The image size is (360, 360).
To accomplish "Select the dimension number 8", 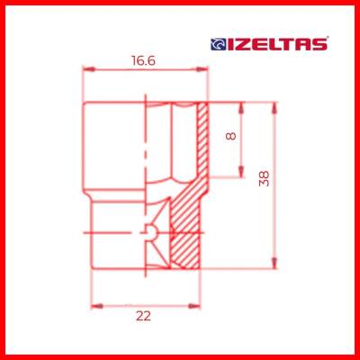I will point(231,139).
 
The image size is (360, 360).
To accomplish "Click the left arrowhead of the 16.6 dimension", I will point(86,70).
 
